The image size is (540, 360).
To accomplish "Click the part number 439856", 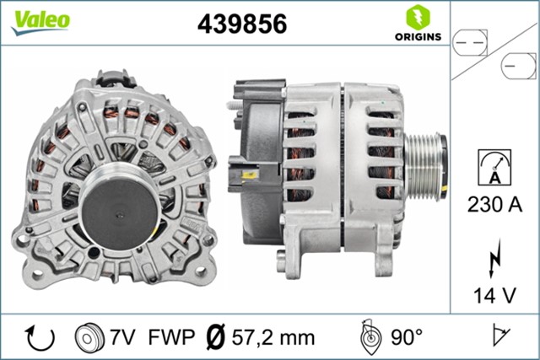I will click(x=241, y=24).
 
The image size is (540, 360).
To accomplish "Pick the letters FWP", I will click(x=170, y=337).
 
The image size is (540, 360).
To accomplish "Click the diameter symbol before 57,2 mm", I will click(x=215, y=337).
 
